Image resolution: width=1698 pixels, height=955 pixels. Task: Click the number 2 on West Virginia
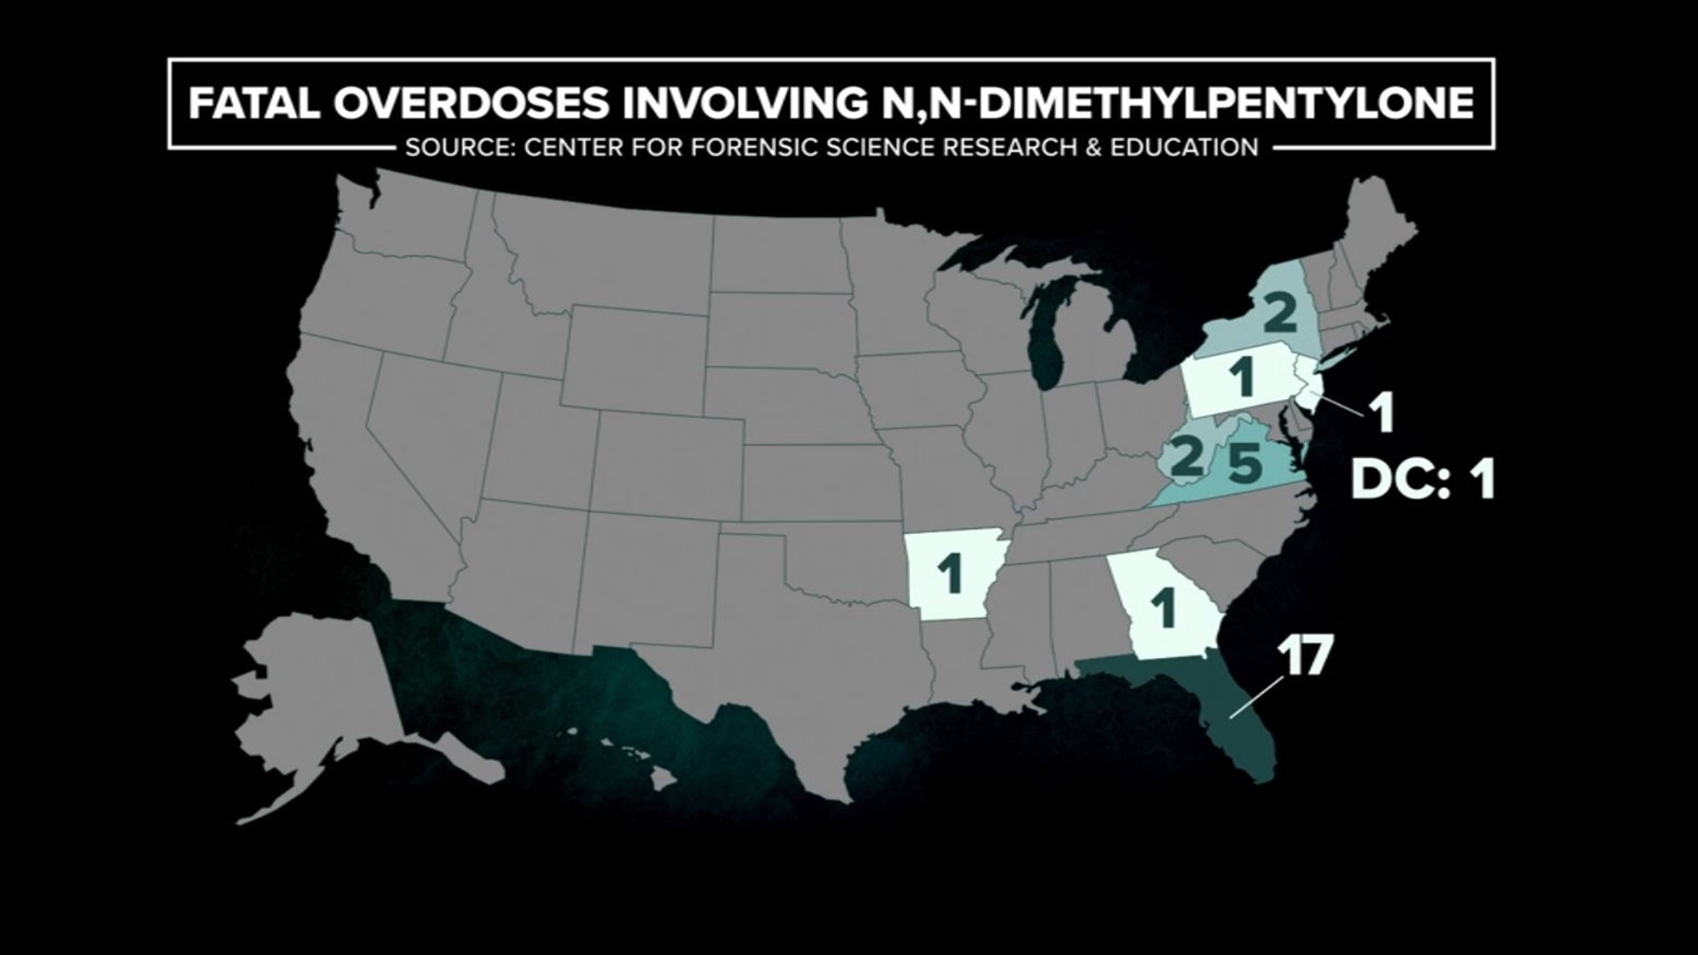(x=1187, y=455)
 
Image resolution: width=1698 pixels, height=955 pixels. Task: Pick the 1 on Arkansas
(x=951, y=576)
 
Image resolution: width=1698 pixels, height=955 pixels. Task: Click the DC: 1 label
(x=1422, y=482)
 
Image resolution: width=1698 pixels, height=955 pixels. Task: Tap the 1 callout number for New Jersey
(x=1381, y=414)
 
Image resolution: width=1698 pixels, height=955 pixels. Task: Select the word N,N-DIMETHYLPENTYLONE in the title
(x=1172, y=104)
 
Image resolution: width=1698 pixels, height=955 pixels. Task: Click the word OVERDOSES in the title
(x=471, y=104)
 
